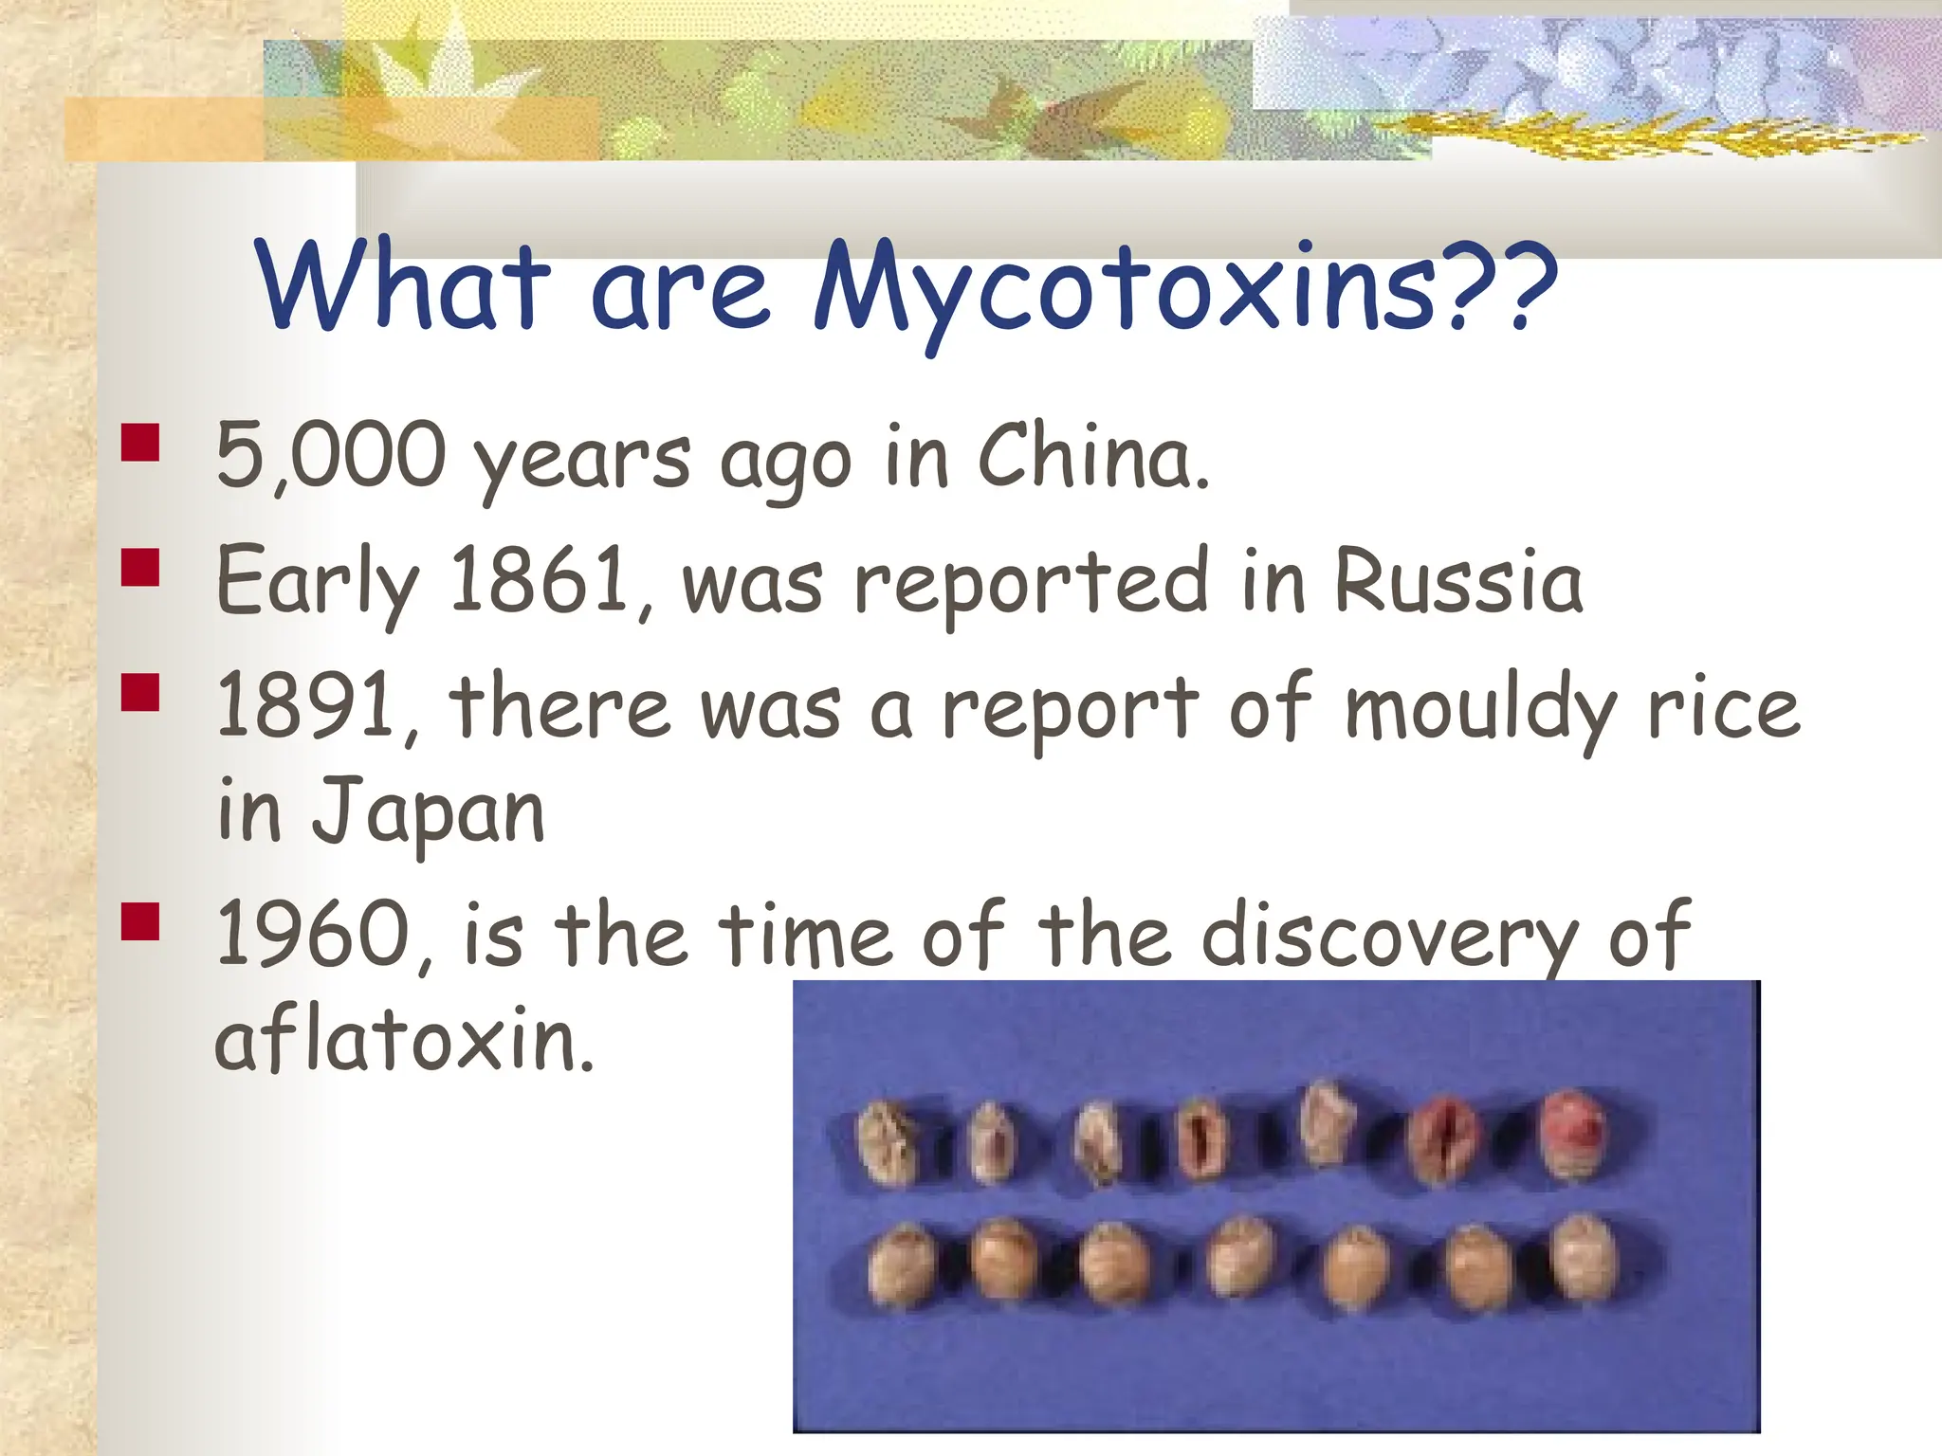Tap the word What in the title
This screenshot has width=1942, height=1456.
(402, 284)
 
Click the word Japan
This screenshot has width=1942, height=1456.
(429, 811)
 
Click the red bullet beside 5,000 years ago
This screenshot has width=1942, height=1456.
(140, 442)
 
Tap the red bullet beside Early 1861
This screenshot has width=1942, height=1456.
(140, 567)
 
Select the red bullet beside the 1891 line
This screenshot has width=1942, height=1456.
(140, 692)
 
